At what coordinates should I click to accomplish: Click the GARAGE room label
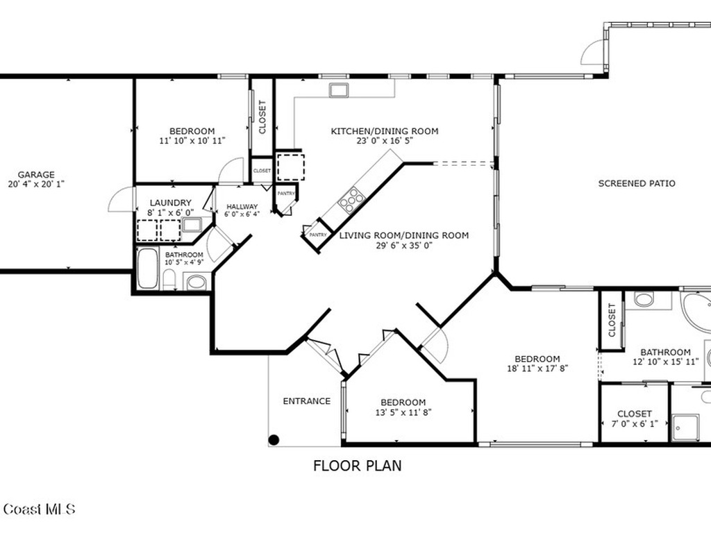click(x=36, y=175)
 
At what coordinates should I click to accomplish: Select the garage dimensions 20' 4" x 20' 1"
click(x=36, y=185)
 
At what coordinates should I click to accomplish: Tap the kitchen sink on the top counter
click(x=339, y=90)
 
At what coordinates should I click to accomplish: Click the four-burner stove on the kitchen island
click(x=351, y=200)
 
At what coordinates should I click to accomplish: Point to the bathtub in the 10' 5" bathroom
click(x=147, y=268)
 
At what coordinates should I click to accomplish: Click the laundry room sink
click(x=192, y=225)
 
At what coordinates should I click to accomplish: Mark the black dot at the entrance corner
click(x=274, y=439)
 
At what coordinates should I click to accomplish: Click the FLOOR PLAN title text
click(x=357, y=466)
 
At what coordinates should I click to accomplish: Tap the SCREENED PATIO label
click(x=637, y=184)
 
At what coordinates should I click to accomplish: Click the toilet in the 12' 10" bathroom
click(x=644, y=299)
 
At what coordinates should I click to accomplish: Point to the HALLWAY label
click(x=242, y=207)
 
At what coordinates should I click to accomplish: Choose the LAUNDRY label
click(x=170, y=203)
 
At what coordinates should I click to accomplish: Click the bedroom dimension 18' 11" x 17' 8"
click(x=537, y=369)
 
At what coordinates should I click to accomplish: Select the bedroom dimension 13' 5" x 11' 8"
click(x=403, y=412)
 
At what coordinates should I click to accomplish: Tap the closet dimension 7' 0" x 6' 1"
click(x=634, y=423)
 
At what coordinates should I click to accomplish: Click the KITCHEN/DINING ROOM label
click(x=384, y=131)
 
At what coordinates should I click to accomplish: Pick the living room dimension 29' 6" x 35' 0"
click(x=403, y=245)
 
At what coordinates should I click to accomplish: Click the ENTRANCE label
click(x=306, y=401)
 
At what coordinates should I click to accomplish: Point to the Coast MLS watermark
click(x=38, y=509)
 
